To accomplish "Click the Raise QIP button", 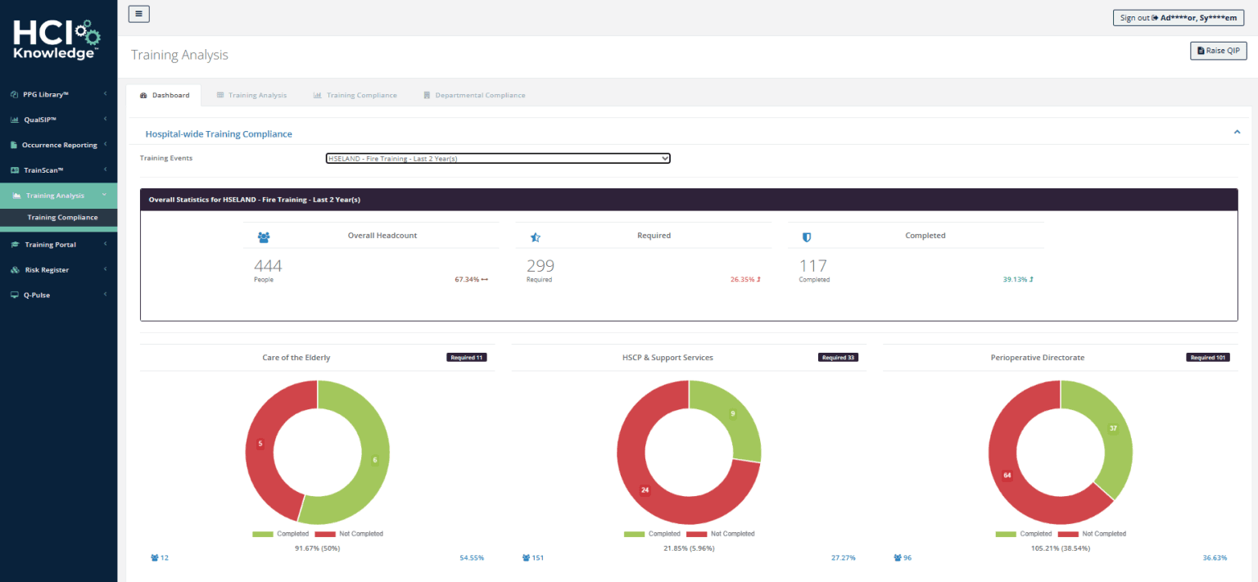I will tap(1218, 51).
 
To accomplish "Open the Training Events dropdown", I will tap(498, 158).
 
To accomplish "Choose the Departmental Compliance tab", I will tap(474, 95).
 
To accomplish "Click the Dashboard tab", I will tap(164, 95).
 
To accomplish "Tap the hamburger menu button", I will tap(139, 13).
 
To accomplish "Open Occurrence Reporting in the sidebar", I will tap(59, 145).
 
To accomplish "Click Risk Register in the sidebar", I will tap(47, 269).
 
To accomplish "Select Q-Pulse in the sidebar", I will tap(37, 295).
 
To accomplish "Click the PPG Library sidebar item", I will tap(45, 94).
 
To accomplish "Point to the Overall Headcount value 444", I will tap(268, 265).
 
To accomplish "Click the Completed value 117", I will tap(812, 265).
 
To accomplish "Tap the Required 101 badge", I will tap(1207, 358).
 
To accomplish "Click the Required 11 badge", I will tap(466, 358).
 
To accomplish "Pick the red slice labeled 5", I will tap(260, 444).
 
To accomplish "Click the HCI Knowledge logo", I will tap(57, 40).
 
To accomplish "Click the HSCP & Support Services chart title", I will tap(667, 358).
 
